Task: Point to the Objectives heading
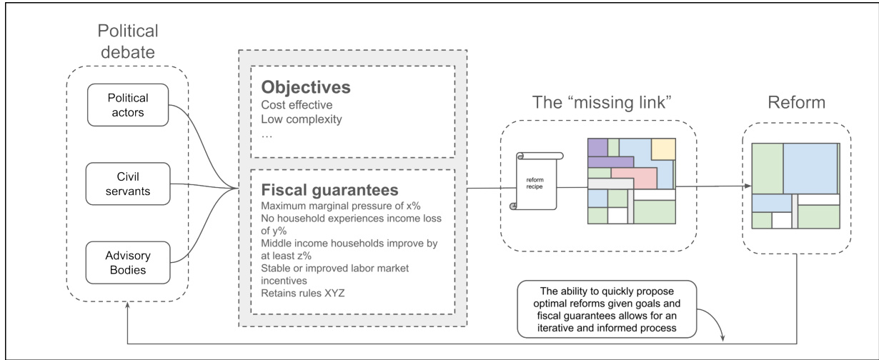pyautogui.click(x=305, y=88)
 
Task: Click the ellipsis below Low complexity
pyautogui.click(x=267, y=134)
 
